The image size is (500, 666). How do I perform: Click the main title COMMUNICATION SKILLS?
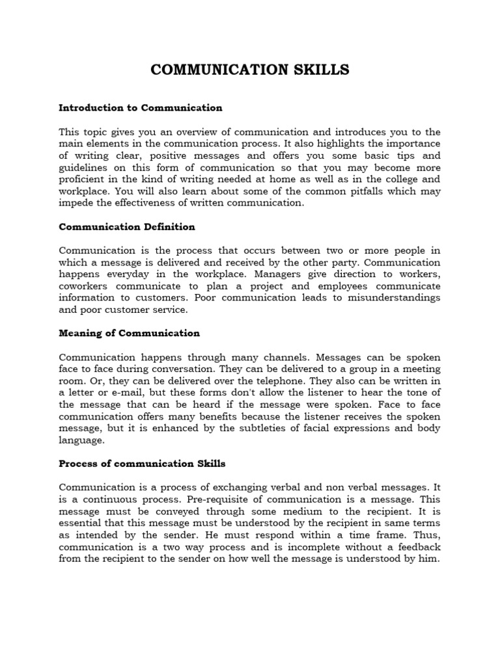point(250,70)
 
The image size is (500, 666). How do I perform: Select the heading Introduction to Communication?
point(141,107)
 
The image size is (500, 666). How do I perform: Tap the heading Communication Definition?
point(127,227)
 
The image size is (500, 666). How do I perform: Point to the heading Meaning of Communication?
point(129,333)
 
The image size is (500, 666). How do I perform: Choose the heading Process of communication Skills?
point(142,463)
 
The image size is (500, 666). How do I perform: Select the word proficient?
point(83,179)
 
